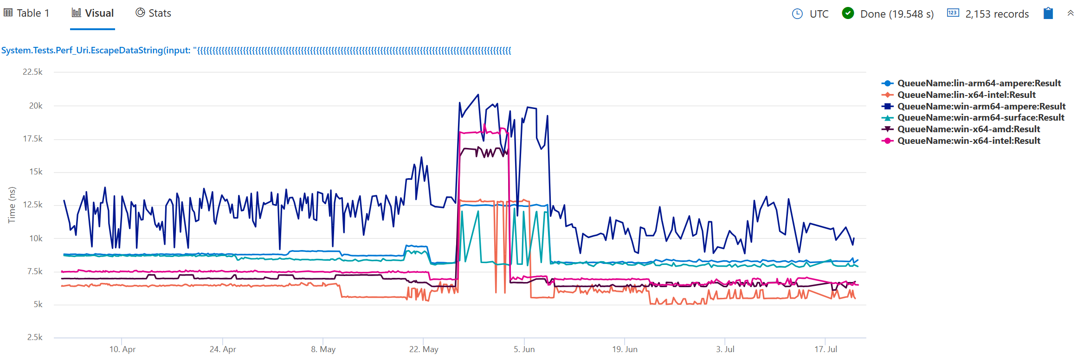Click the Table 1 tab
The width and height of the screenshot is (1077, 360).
tap(27, 13)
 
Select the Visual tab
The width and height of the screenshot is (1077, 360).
tap(93, 13)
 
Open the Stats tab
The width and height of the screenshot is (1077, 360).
tap(154, 13)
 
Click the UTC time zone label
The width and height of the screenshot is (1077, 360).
tap(819, 14)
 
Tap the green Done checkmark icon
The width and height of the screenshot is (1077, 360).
tap(848, 13)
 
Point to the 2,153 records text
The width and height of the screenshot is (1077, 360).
tap(997, 14)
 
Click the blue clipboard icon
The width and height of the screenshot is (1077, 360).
tap(1048, 13)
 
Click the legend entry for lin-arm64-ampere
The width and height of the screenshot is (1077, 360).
tap(979, 84)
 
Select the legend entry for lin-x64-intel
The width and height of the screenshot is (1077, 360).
tap(966, 95)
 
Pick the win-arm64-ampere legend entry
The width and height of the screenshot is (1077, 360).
tap(981, 107)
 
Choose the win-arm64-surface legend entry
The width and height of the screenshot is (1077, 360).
tap(980, 118)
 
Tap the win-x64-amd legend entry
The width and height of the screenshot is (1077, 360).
tap(968, 129)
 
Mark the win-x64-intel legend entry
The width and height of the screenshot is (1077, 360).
tap(968, 141)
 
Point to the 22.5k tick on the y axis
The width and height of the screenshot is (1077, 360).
tap(32, 72)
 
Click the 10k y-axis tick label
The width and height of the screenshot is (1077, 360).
tap(36, 238)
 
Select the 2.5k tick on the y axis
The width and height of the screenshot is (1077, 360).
tap(35, 337)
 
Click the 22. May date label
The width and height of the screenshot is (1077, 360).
tap(424, 349)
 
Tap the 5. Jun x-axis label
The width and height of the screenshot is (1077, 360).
tap(524, 349)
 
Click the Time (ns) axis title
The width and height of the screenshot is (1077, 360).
tap(12, 205)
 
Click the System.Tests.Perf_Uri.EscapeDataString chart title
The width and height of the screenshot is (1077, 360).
tap(256, 51)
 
